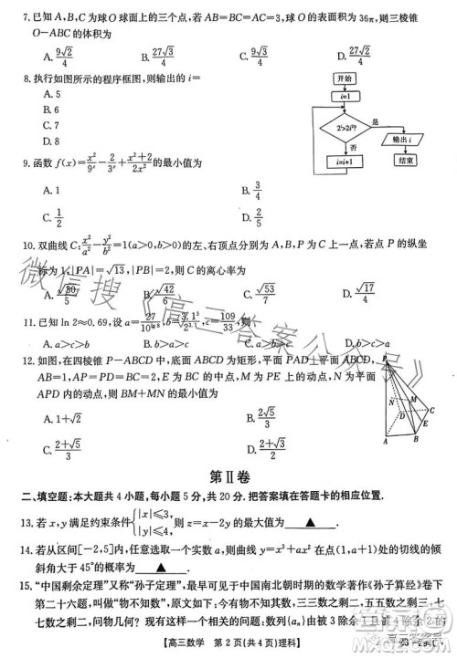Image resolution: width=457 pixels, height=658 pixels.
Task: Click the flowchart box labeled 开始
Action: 346,79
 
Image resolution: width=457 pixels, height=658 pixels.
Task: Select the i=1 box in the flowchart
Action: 345,96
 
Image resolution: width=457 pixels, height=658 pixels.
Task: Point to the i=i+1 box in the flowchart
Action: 346,162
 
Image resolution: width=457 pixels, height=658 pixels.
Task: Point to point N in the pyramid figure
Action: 391,402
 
